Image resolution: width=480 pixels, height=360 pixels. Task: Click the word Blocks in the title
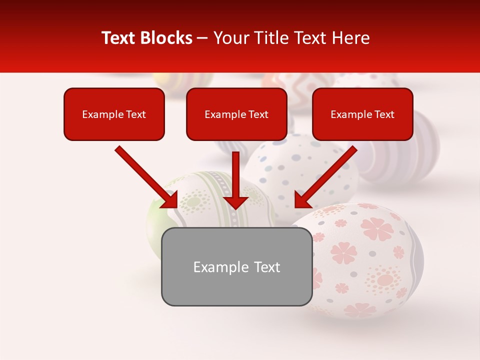[168, 38]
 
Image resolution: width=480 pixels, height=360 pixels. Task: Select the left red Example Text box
[114, 114]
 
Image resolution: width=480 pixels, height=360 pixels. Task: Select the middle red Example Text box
[236, 114]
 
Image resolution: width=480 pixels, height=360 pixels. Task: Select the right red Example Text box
[362, 114]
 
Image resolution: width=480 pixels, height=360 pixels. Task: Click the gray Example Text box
[236, 266]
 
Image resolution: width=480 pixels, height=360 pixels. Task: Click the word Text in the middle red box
[258, 114]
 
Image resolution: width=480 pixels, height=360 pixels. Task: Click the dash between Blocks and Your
[202, 38]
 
